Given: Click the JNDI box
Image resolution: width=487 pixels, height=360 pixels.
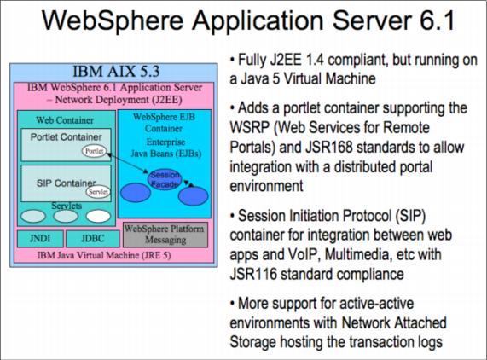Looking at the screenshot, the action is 40,239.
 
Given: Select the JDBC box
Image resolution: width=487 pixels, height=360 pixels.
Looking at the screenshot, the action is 93,239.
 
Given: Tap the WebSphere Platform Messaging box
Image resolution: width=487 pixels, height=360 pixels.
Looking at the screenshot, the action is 165,235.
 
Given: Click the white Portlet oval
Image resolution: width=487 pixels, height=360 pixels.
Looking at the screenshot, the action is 94,151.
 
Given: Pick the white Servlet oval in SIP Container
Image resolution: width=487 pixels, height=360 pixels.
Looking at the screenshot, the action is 98,192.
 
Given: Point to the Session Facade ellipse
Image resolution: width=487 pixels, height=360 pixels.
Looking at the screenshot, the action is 165,179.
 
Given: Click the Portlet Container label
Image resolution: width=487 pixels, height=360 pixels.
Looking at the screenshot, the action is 67,137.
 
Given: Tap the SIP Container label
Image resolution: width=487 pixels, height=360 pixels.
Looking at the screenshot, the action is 66,183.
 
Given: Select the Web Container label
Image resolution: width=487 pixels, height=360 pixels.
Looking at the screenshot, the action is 65,120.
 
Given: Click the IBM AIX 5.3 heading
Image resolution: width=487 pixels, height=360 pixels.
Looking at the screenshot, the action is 116,71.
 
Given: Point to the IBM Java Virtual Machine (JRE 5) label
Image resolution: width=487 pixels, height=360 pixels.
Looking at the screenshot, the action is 104,255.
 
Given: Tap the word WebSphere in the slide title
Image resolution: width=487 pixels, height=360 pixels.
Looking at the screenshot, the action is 113,20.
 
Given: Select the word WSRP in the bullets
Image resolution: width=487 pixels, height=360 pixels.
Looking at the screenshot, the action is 250,127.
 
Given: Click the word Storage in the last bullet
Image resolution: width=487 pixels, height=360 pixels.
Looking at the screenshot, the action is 252,342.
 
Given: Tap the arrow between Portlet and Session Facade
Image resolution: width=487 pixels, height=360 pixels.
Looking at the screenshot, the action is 127,162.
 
